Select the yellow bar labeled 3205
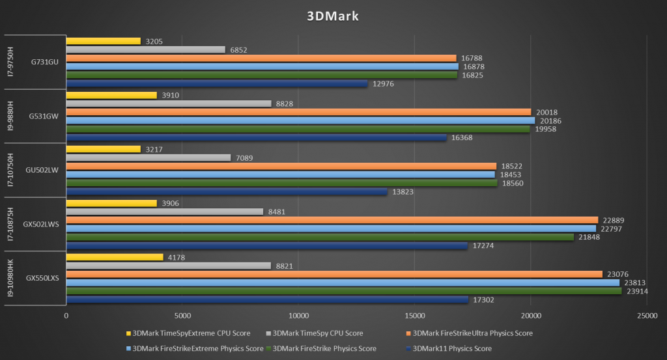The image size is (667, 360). click(x=103, y=41)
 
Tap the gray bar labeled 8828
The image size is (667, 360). click(x=169, y=104)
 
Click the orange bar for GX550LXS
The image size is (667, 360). click(x=334, y=274)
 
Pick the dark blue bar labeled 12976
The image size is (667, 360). click(x=217, y=83)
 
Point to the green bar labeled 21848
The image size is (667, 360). click(x=320, y=237)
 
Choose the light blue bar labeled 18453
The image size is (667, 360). click(x=280, y=174)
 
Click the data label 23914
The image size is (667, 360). click(x=638, y=291)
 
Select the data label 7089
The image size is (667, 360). click(x=246, y=158)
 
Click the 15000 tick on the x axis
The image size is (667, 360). click(x=414, y=315)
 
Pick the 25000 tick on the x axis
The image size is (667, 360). click(x=646, y=315)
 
